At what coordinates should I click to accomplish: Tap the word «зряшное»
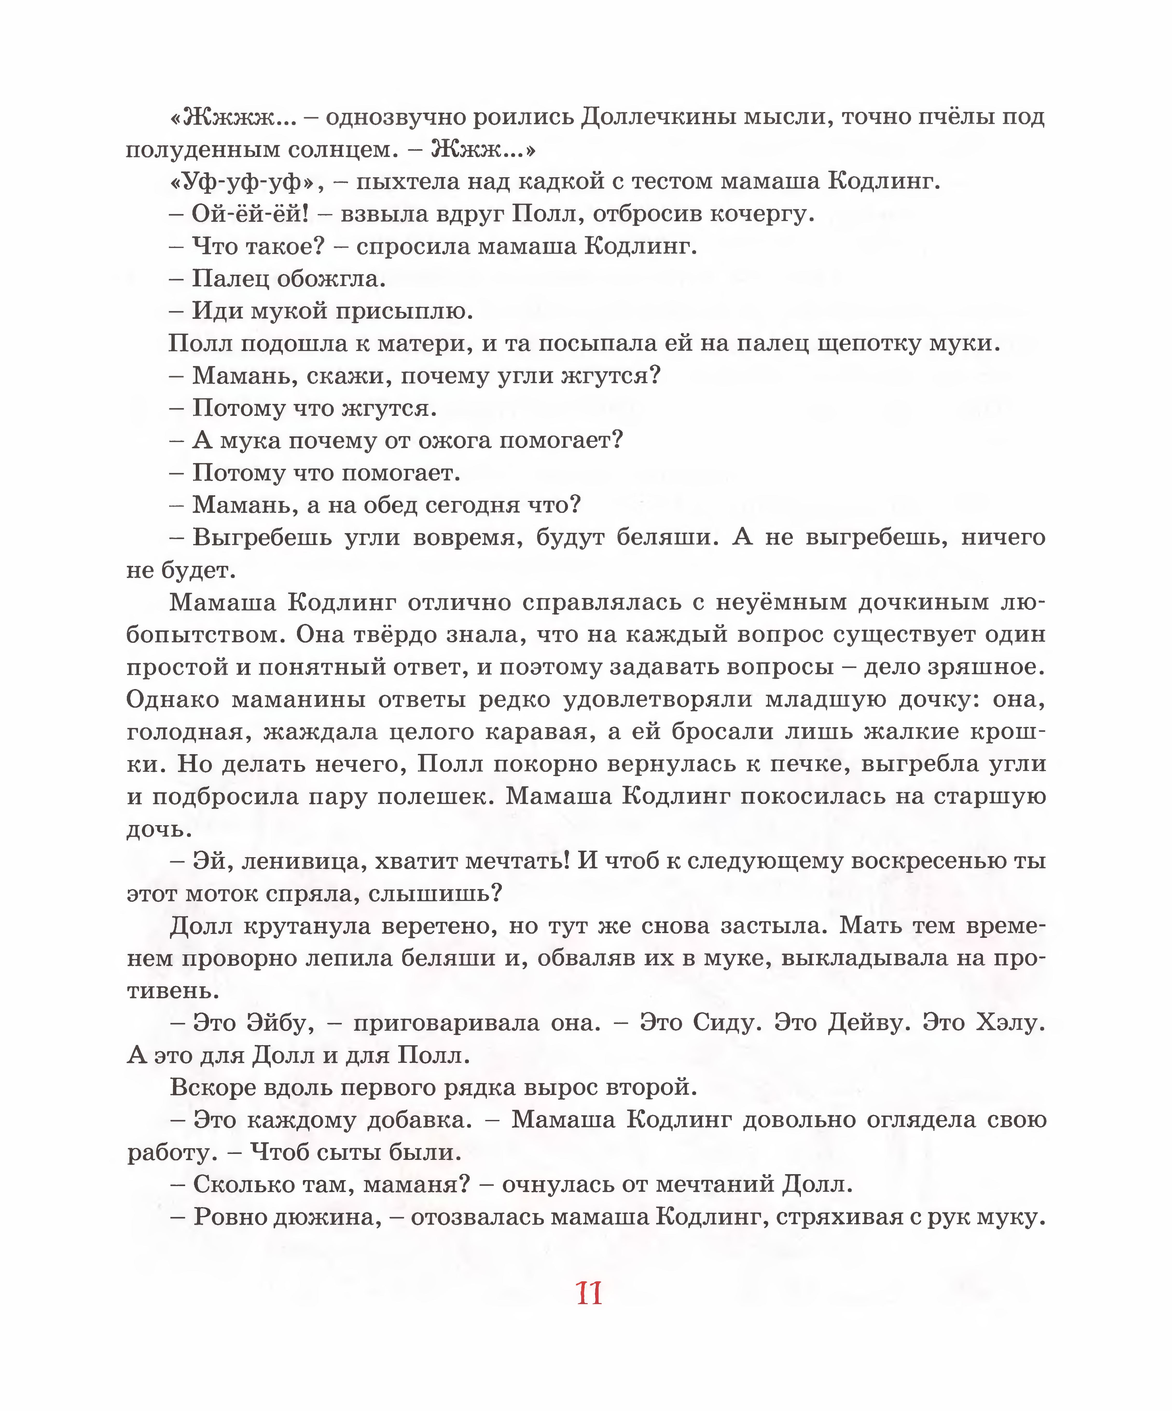(986, 667)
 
